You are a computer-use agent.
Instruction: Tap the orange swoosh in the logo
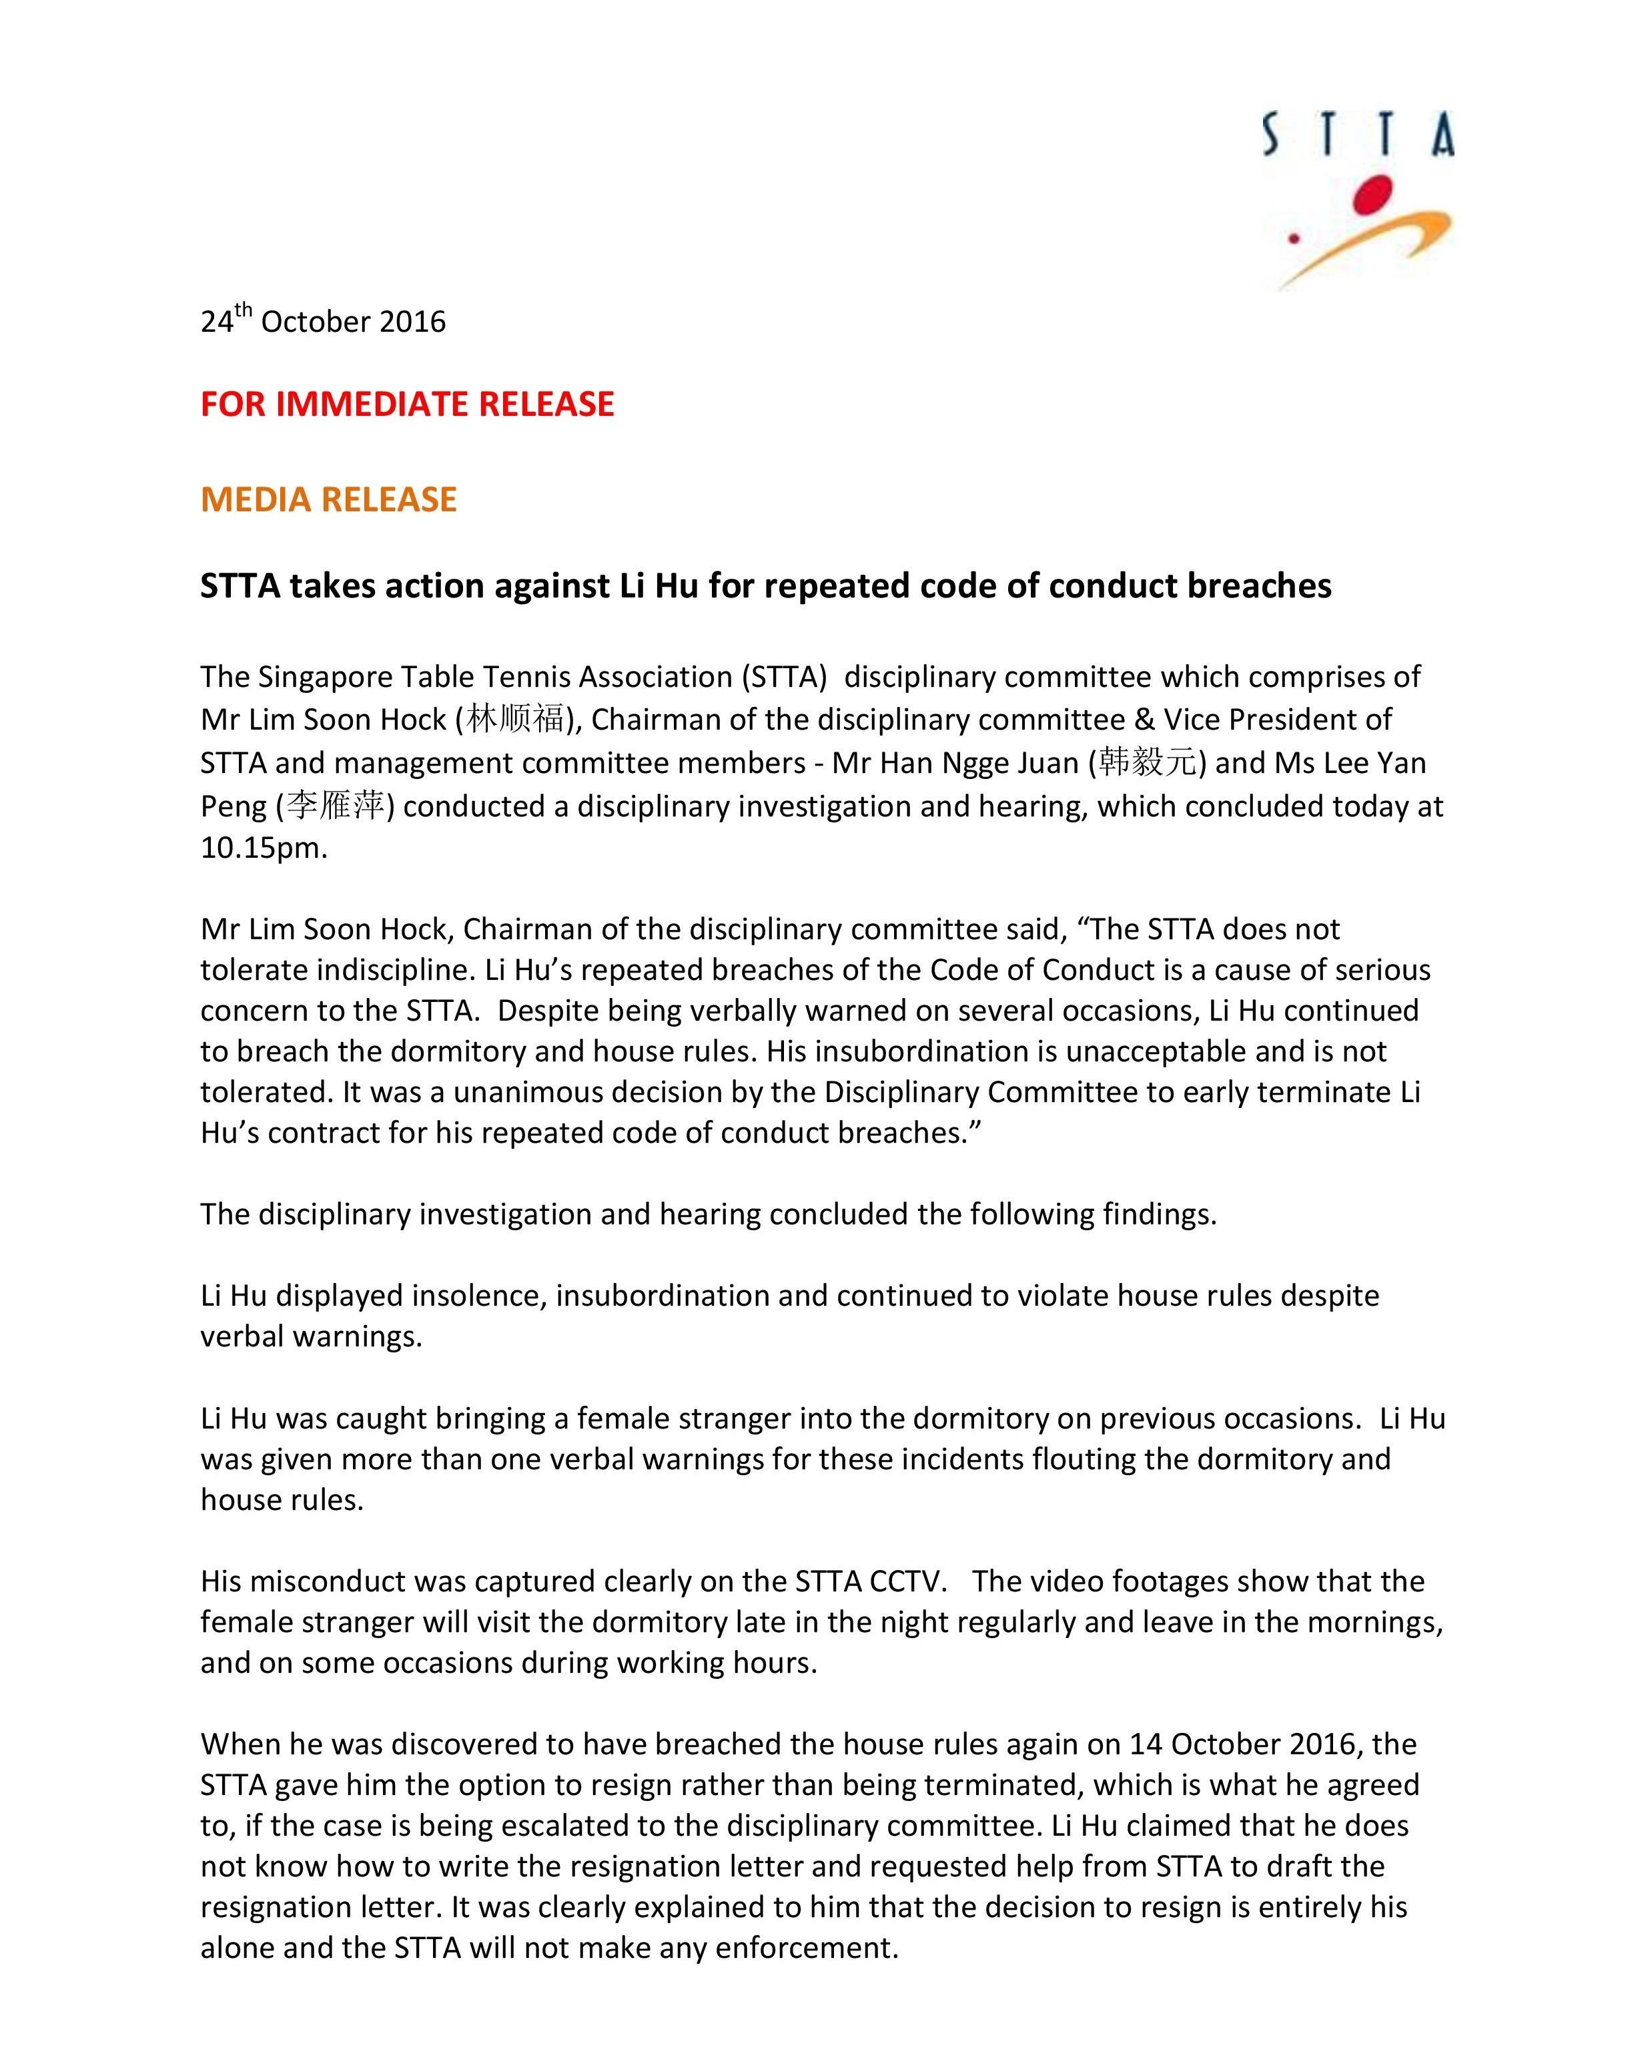coord(1376,246)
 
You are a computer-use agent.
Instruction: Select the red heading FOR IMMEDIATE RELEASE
coord(407,405)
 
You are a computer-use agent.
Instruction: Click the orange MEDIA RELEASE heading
coord(329,499)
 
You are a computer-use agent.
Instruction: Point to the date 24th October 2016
coord(323,320)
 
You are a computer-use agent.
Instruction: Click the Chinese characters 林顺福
coord(515,719)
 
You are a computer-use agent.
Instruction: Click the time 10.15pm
coord(263,848)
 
